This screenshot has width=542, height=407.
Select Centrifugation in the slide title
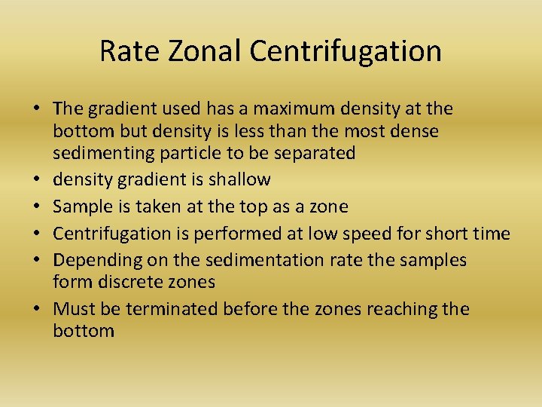346,51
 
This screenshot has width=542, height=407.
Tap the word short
454,234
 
